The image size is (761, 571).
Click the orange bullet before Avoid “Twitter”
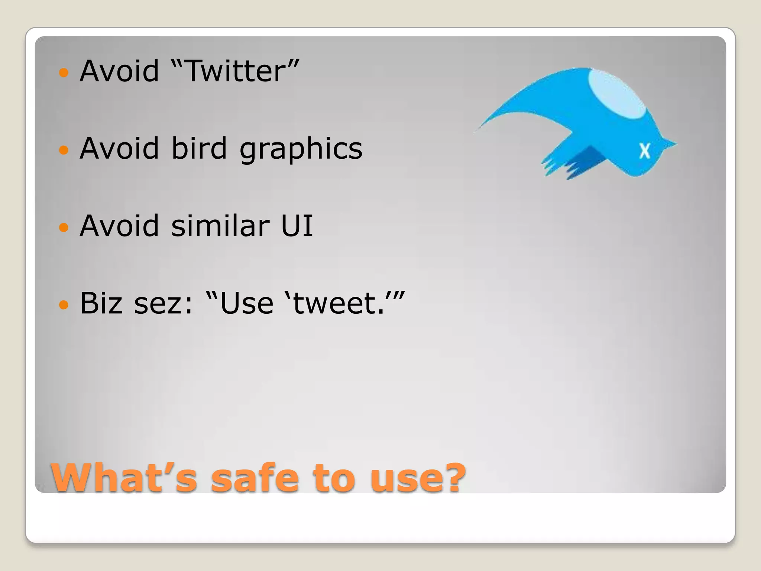point(64,72)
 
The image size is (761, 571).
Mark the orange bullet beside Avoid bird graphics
point(64,150)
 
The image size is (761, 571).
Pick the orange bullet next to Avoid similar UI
point(64,228)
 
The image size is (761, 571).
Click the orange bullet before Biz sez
point(64,305)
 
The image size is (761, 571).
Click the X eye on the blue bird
point(645,151)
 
